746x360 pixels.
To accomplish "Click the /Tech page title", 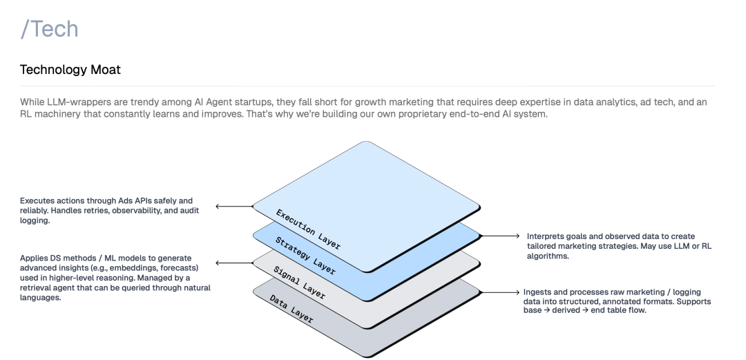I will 49,29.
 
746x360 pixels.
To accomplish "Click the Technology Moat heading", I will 71,70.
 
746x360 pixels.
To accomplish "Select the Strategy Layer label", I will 305,255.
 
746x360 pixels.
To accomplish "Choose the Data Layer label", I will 291,307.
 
